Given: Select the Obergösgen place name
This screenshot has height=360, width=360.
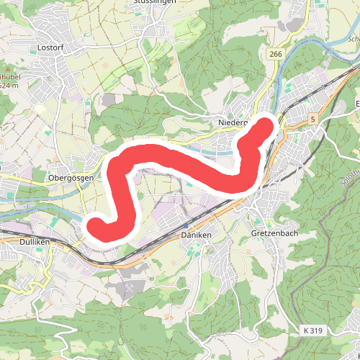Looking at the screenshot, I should click(72, 176).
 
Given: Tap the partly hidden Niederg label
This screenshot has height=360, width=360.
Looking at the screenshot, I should click(232, 123).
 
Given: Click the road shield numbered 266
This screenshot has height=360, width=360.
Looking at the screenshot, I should click(275, 55).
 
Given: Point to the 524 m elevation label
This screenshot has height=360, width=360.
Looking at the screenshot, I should click(9, 85).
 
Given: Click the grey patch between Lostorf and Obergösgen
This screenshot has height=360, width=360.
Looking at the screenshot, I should click(108, 99).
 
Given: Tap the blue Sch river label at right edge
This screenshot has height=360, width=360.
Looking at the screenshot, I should click(352, 40).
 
